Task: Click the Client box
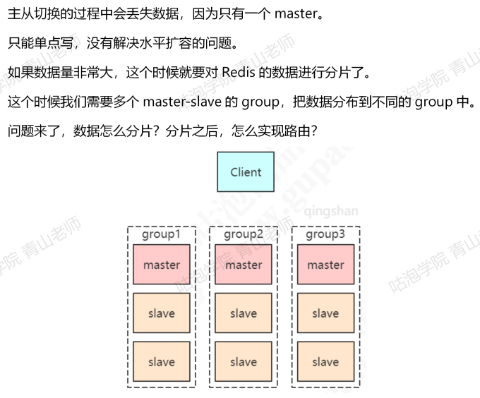246,171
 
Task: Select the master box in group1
162,265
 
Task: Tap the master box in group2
244,265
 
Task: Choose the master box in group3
325,265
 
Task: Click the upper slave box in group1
162,313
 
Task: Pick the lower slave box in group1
162,362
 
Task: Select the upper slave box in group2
244,313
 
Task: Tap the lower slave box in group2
244,362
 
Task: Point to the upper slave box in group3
325,313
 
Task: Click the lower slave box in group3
325,362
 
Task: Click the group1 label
162,234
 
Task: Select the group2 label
244,234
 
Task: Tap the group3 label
325,234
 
